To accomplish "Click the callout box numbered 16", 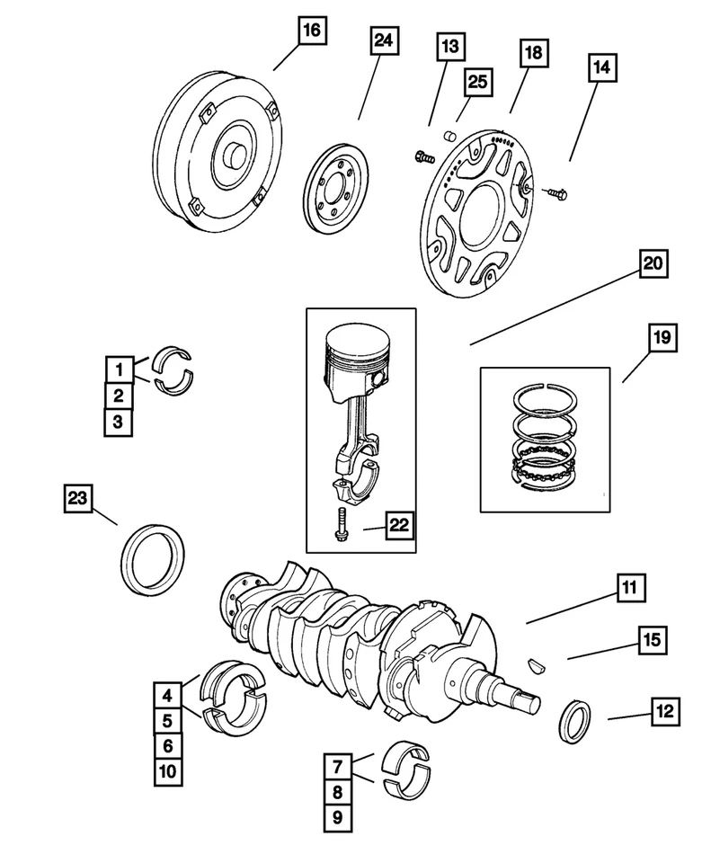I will pos(310,32).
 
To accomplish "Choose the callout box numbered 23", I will pos(78,497).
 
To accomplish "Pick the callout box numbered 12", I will pos(664,712).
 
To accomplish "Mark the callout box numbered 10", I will pos(166,770).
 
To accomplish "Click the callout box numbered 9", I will pos(339,817).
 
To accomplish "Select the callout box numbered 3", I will pos(117,421).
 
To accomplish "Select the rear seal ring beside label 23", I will pos(153,562).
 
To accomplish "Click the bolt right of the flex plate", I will pos(553,191).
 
